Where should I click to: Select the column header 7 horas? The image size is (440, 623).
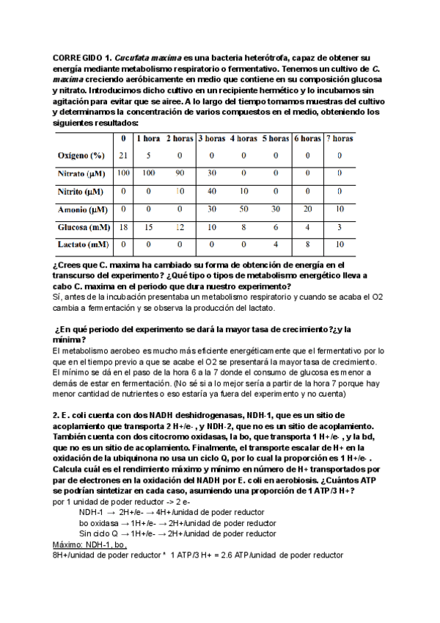pos(340,138)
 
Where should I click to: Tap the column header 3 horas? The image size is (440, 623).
pos(212,138)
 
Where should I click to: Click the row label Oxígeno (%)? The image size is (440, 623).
pos(82,156)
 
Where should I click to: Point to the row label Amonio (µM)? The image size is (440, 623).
pos(83,209)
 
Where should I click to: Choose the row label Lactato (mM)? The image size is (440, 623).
pos(83,244)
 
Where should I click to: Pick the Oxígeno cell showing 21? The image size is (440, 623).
pos(123,156)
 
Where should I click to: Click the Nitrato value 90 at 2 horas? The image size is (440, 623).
pos(179,173)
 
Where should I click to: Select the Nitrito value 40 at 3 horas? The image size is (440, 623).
pos(212,191)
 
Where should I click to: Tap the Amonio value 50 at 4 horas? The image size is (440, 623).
pos(243,209)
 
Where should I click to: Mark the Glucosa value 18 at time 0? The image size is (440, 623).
pos(123,226)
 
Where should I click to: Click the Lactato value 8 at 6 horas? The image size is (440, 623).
pos(307,244)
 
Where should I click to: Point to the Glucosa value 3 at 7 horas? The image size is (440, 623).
pos(340,226)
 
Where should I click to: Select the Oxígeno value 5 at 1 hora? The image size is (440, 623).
pos(148,156)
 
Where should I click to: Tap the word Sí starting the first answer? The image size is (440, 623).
pos(57,296)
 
